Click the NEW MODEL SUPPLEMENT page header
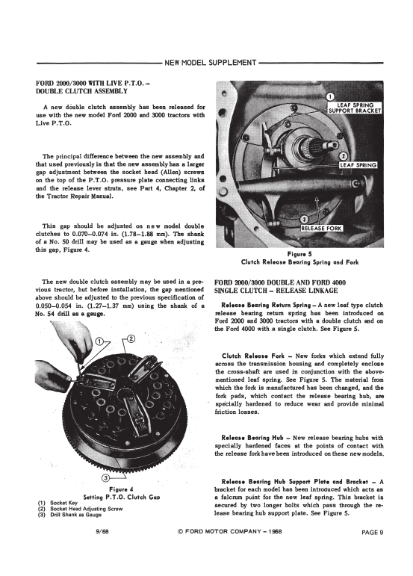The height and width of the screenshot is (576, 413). click(210, 63)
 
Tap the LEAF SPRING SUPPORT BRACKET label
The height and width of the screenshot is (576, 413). click(355, 108)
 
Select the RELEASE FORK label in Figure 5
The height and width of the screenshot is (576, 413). click(321, 228)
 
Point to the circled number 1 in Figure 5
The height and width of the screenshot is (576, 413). click(330, 96)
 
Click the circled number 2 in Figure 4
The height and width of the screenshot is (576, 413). click(131, 338)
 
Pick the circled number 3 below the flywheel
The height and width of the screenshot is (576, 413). click(105, 477)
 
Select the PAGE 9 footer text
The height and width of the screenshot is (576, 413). click(372, 532)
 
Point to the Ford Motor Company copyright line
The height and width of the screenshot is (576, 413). click(230, 532)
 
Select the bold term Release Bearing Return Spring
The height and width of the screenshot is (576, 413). click(266, 305)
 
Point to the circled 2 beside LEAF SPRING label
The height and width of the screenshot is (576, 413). click(344, 157)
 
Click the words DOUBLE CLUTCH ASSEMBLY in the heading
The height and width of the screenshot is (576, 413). click(81, 91)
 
